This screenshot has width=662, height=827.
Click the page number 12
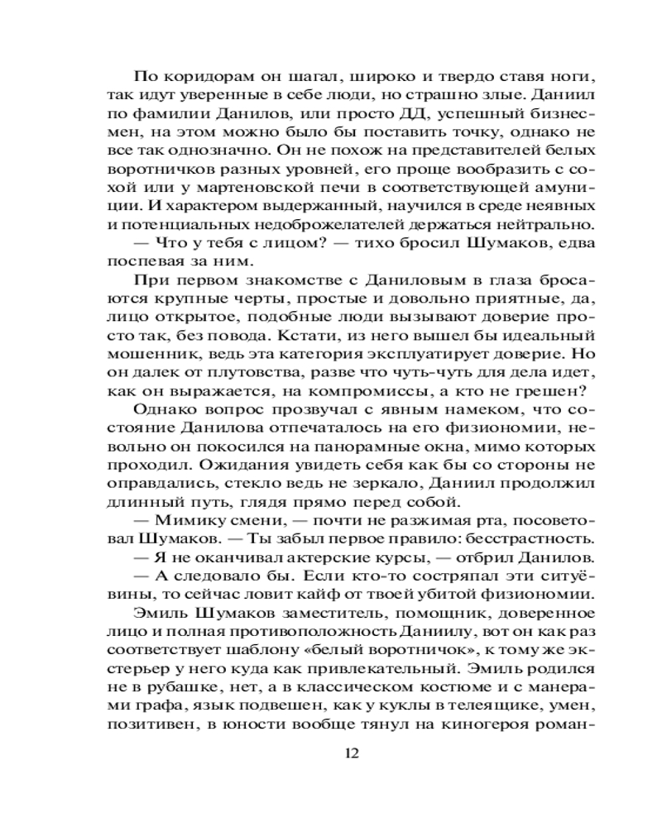[351, 753]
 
